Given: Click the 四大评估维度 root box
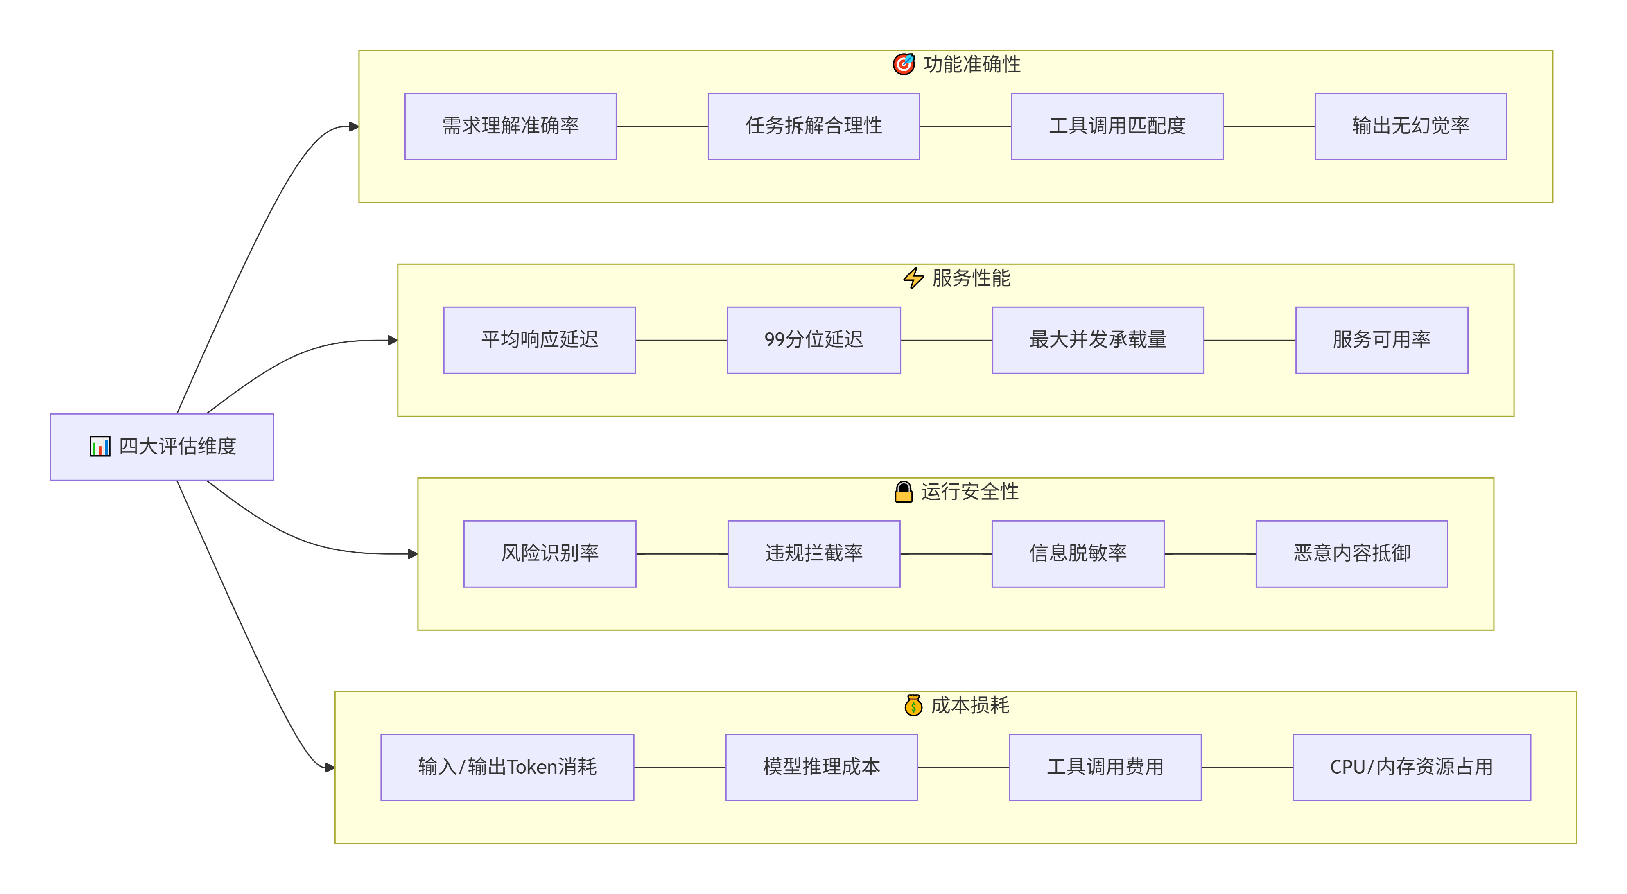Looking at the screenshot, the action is coord(162,447).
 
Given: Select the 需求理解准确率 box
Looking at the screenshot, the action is coord(511,126).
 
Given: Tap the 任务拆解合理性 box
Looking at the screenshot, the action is coord(813,126).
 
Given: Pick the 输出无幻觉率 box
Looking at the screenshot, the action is coord(1410,126).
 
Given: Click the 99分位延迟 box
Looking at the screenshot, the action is coord(813,340).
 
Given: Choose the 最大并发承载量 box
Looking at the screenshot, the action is coord(1098,340).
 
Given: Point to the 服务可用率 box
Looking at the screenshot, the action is coord(1381,340).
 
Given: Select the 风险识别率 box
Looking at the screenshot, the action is coord(549,554).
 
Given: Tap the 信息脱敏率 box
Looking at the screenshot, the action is coord(1078,554).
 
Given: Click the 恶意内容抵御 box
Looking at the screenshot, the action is coord(1351,554).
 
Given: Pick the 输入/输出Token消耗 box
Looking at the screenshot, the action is coord(507,767).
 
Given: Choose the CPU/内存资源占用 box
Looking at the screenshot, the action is coord(1412,767).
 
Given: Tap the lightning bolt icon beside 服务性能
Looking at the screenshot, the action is coord(913,278).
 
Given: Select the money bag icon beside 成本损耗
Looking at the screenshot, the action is coord(913,705).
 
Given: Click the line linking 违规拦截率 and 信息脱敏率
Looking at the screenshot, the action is coord(946,554).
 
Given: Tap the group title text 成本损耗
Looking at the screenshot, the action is coord(970,705).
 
